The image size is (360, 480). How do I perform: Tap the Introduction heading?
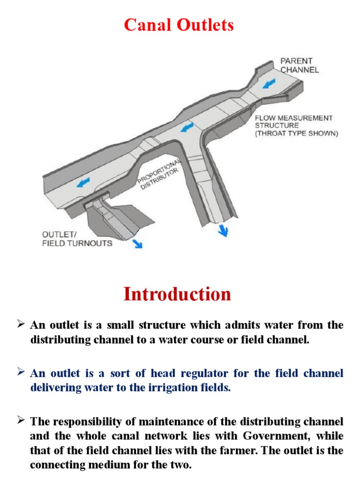pyautogui.click(x=177, y=294)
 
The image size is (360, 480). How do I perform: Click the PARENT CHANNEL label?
pyautogui.click(x=299, y=65)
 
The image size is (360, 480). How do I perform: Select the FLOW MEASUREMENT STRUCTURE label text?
pyautogui.click(x=293, y=121)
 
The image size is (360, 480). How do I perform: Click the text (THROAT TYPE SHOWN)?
pyautogui.click(x=296, y=133)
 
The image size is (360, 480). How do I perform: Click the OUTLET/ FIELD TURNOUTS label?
pyautogui.click(x=77, y=239)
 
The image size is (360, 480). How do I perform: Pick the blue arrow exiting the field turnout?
pyautogui.click(x=137, y=242)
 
